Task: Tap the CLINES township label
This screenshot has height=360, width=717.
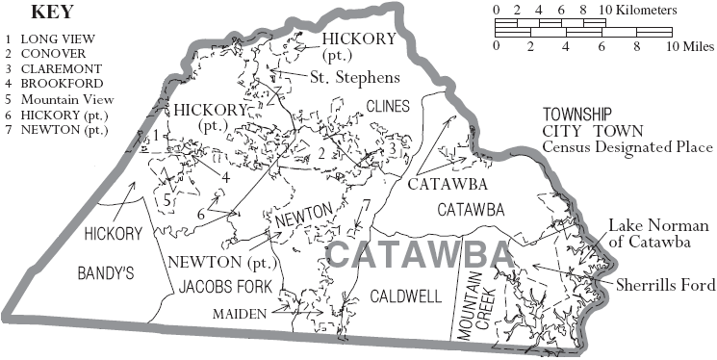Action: pos(389,105)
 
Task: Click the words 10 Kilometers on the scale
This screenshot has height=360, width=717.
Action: pos(636,10)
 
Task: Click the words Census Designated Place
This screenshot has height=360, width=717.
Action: pos(627,147)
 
